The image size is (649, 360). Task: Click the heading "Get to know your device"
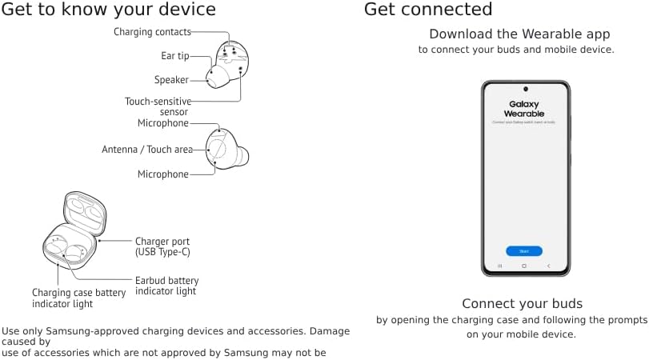109,10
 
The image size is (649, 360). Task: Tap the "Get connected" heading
428,10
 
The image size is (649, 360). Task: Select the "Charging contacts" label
152,32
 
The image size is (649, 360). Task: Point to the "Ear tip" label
174,56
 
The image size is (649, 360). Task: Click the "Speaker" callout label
171,80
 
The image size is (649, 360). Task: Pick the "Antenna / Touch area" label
147,150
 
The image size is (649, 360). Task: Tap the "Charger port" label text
162,241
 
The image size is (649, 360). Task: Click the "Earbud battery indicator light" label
166,286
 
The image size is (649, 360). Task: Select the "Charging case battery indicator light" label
78,298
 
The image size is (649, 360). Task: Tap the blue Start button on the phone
524,251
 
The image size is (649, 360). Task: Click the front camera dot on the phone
525,88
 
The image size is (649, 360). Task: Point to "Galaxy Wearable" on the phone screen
524,109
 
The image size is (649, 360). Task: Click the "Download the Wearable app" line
519,34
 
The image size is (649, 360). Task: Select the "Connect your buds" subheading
522,304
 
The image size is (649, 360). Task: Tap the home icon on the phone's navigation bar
524,266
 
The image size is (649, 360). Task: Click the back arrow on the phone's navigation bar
548,266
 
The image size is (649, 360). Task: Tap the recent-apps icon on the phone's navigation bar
500,266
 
